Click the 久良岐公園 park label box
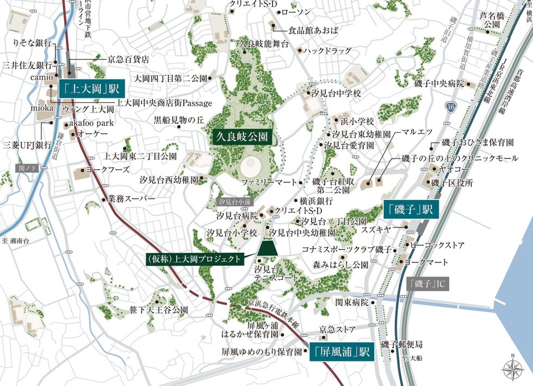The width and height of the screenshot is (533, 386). (241, 136)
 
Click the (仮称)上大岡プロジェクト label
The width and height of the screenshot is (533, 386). (194, 260)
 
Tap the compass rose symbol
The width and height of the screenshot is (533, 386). (512, 369)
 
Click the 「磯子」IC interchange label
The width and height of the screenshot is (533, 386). (427, 284)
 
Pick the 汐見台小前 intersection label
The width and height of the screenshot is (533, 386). (234, 202)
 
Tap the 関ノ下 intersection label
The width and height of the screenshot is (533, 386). (26, 168)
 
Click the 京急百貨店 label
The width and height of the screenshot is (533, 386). (128, 59)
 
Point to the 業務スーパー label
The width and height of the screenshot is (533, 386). (132, 199)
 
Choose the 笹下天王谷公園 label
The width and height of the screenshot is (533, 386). (158, 310)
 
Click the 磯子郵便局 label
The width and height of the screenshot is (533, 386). (401, 345)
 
